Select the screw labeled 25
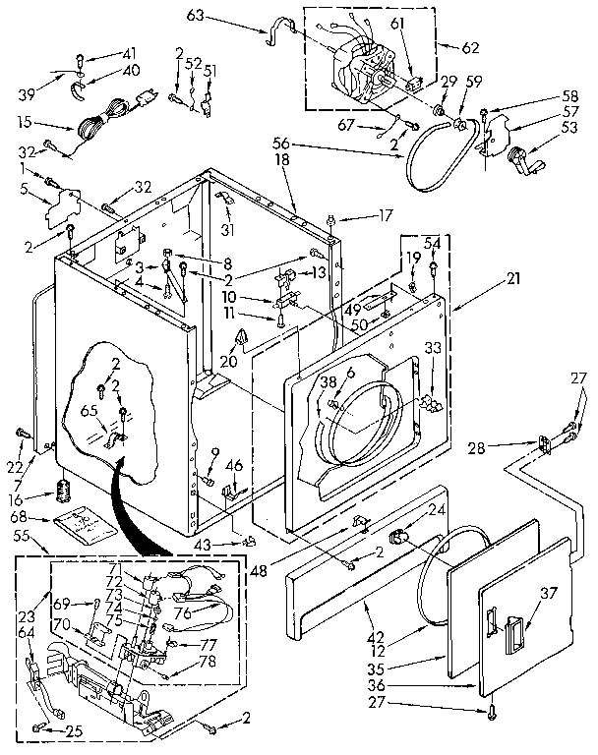pos(39,727)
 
